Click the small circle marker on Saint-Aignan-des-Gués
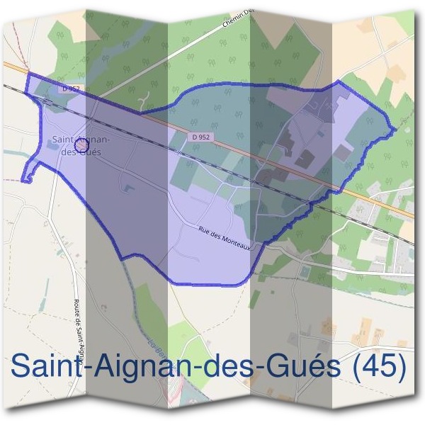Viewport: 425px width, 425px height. pyautogui.click(x=81, y=145)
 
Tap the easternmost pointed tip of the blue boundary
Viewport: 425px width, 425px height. pyautogui.click(x=395, y=129)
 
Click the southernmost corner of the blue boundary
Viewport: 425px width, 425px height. pyautogui.click(x=170, y=283)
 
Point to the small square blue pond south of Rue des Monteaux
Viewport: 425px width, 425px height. pyautogui.click(x=304, y=271)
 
